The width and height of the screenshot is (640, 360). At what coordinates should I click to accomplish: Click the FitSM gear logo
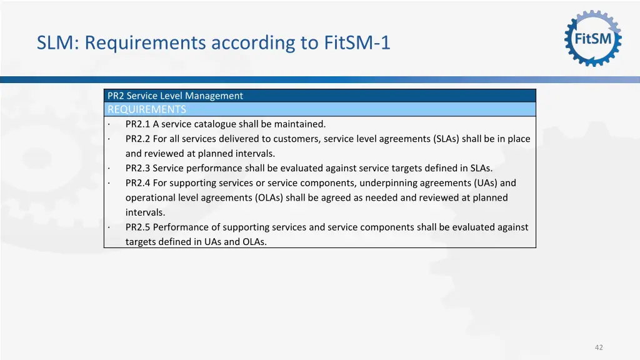(593, 38)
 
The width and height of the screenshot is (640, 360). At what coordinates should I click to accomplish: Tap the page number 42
(599, 347)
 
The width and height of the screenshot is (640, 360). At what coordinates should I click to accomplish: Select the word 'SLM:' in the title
(58, 43)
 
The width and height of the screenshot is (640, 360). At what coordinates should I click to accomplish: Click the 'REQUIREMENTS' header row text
(147, 109)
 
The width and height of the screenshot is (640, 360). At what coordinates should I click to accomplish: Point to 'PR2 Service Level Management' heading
(175, 96)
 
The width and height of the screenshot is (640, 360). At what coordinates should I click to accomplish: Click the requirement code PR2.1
(137, 124)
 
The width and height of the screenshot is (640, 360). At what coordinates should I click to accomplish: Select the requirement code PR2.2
(137, 139)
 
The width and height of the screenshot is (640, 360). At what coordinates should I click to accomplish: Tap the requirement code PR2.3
(137, 168)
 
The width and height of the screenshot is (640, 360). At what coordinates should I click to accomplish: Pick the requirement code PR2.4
(137, 183)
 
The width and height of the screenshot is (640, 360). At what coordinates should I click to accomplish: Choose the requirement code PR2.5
(137, 227)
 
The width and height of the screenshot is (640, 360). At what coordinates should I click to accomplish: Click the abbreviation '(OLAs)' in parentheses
(269, 197)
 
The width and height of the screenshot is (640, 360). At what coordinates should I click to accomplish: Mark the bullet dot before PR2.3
(109, 169)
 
